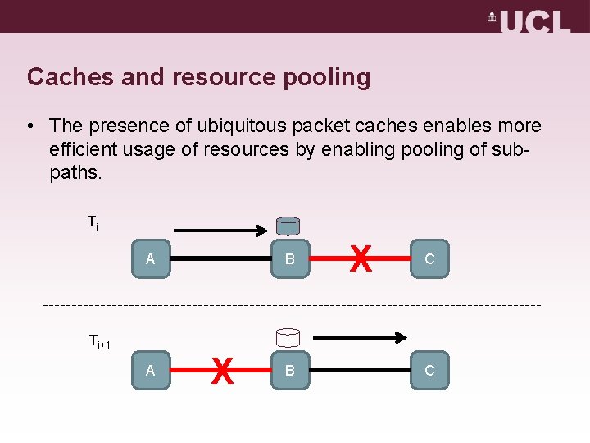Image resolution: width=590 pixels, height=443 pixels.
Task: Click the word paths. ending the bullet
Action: [75, 174]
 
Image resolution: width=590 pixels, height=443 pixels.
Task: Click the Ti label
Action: [93, 221]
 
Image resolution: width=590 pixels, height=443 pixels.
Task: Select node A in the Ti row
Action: [151, 259]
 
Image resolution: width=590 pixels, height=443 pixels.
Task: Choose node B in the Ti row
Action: [290, 259]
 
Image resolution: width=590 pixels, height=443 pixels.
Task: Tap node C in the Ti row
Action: [429, 259]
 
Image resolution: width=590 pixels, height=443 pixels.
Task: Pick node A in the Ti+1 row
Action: [151, 371]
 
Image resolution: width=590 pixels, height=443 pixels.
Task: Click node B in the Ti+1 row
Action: [290, 371]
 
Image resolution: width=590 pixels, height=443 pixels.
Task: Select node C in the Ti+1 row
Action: [429, 371]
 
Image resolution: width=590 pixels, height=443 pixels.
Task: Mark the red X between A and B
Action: [220, 371]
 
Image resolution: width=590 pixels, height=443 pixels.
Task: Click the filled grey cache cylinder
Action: [288, 226]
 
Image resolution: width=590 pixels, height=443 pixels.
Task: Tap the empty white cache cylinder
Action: [288, 337]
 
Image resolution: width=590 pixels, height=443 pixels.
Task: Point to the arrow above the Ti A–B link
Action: [220, 231]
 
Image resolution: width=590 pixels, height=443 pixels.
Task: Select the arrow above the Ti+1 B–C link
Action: [361, 337]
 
